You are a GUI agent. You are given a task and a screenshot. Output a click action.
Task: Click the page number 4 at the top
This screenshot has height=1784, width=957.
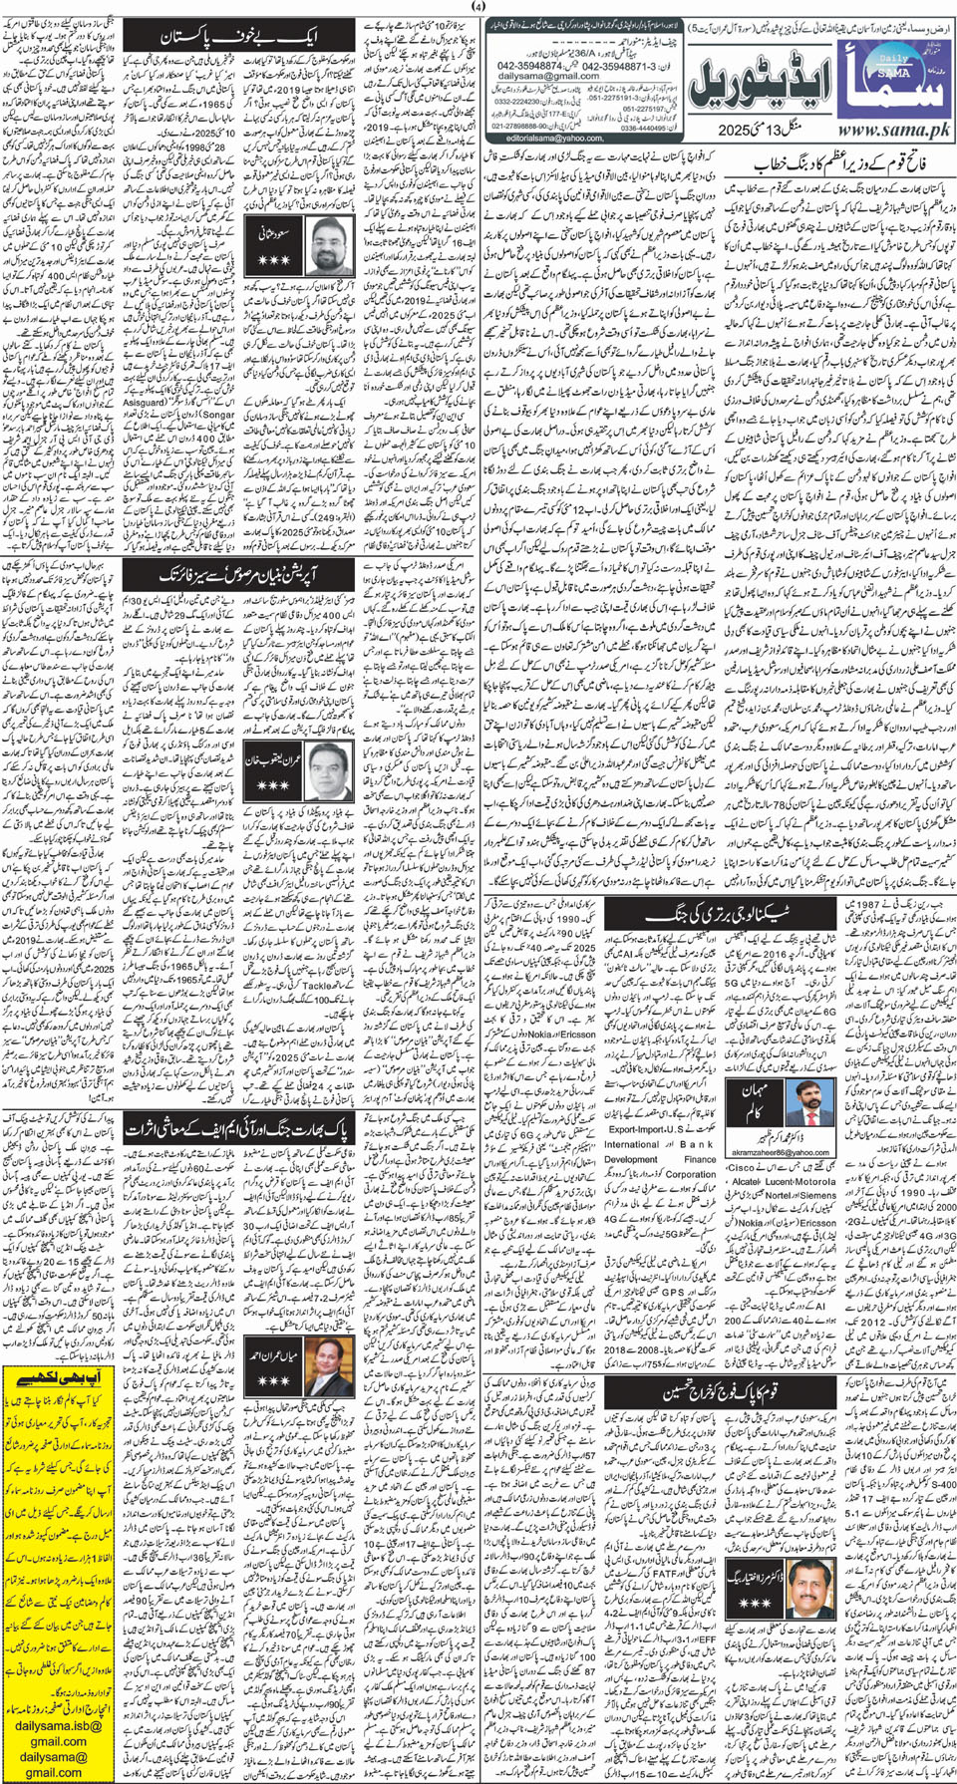coord(478,6)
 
